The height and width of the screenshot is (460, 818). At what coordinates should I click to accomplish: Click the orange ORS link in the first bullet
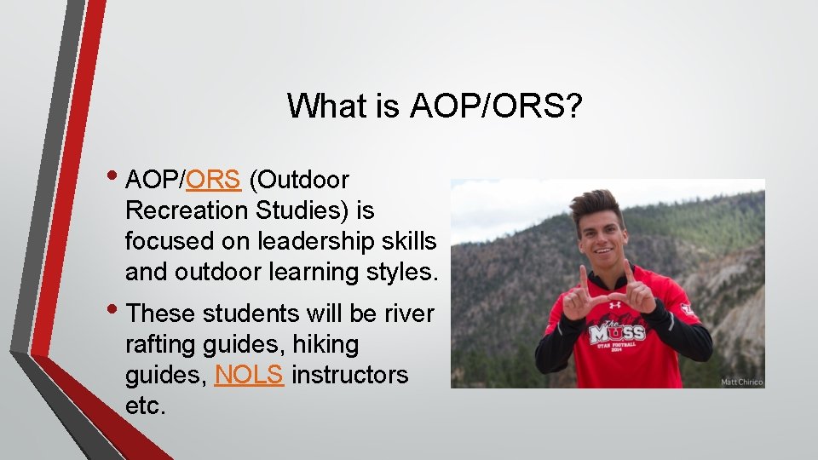pyautogui.click(x=215, y=181)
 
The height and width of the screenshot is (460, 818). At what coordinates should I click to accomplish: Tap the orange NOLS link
pyautogui.click(x=249, y=375)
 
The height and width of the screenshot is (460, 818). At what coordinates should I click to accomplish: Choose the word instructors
pyautogui.click(x=349, y=375)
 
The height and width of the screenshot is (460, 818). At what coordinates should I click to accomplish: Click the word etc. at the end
pyautogui.click(x=145, y=405)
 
